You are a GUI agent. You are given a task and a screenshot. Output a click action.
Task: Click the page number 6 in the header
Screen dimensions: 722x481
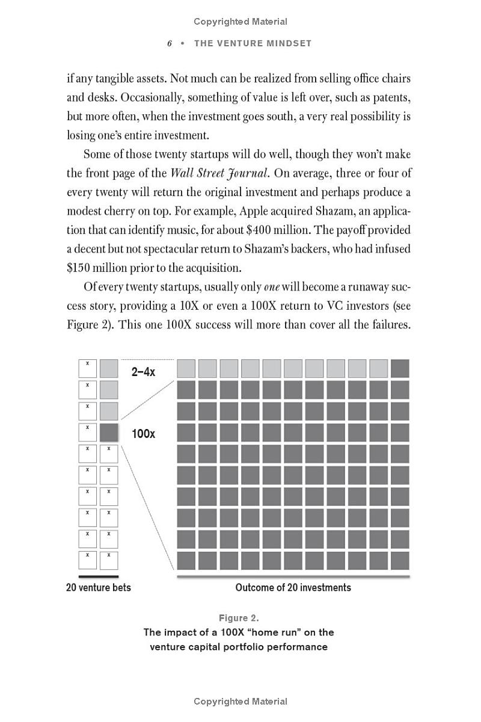170,43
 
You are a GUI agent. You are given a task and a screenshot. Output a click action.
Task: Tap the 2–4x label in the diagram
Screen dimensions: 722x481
143,372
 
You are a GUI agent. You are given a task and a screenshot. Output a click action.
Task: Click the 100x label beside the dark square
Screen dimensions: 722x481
143,433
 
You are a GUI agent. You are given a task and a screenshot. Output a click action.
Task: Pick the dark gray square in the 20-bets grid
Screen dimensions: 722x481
109,433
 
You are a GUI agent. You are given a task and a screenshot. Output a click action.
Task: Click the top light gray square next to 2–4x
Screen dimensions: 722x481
109,368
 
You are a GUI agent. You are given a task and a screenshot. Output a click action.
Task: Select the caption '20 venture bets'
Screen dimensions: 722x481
98,587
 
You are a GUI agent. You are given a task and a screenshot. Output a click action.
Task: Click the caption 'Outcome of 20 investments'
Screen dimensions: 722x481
293,587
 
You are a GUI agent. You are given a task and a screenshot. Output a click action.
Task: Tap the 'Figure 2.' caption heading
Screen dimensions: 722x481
239,618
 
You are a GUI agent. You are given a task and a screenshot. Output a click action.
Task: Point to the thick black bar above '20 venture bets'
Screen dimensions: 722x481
99,576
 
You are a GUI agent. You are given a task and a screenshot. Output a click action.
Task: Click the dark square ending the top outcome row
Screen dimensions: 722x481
400,368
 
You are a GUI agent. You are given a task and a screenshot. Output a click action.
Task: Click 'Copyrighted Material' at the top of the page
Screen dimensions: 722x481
240,22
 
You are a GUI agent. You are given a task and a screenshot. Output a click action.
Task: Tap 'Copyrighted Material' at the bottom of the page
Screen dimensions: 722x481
240,702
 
